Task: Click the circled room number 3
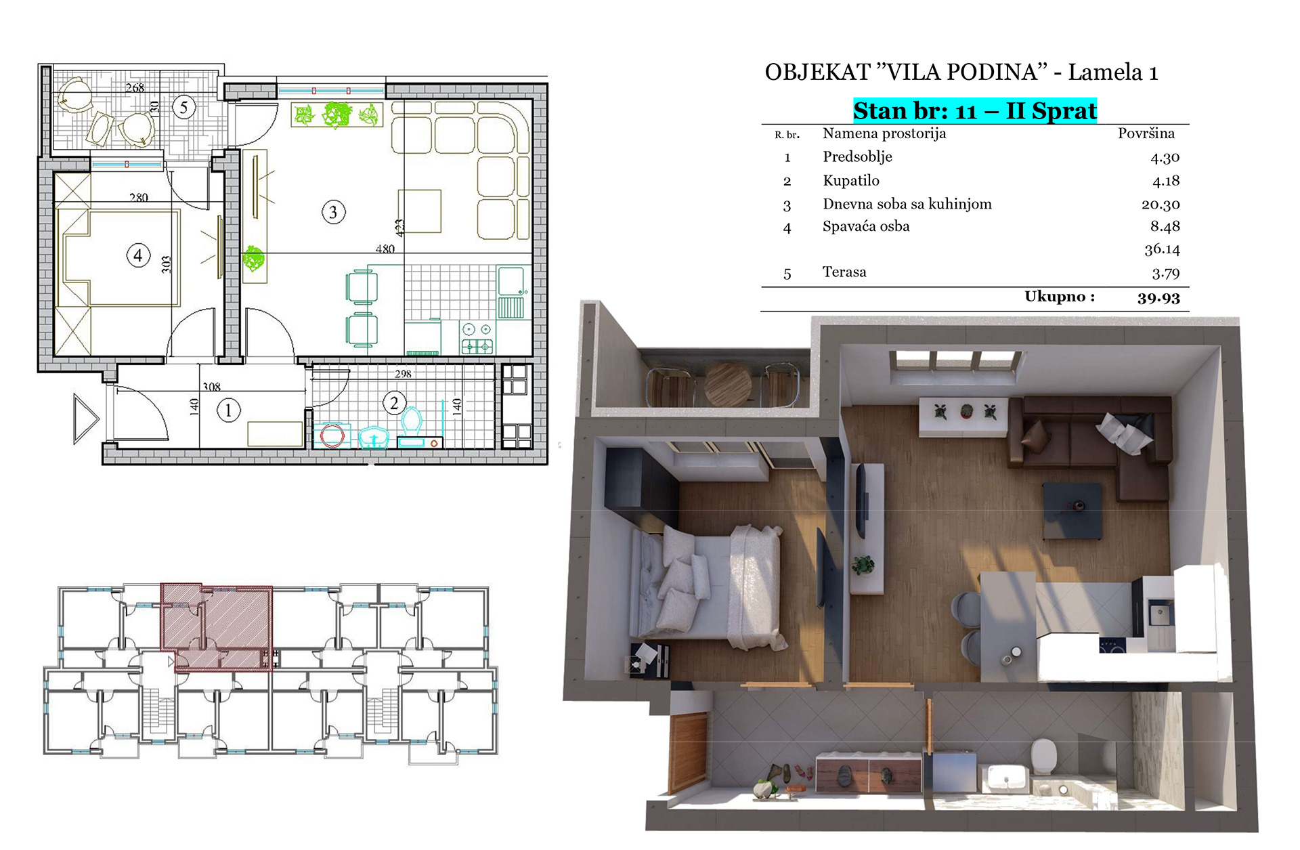(333, 213)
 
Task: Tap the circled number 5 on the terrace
(184, 107)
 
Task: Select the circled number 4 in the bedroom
(138, 255)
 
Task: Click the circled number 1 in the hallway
(228, 410)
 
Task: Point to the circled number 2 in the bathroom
(394, 403)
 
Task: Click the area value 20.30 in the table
(1161, 205)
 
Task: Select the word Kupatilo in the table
(851, 180)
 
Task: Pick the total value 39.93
(1158, 298)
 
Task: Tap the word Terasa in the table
(844, 272)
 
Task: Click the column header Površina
(1146, 133)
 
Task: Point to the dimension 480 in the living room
(385, 249)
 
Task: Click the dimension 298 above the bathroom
(403, 373)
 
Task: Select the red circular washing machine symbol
(332, 435)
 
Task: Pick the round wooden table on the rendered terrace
(728, 385)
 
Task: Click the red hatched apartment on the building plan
(217, 626)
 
